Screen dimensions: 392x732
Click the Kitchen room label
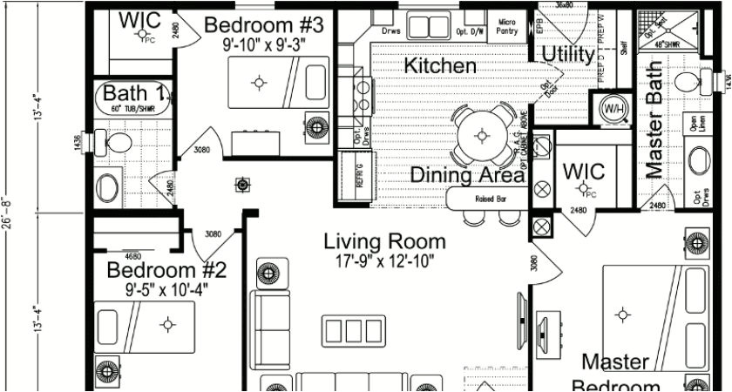click(x=440, y=65)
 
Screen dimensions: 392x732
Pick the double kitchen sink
click(x=430, y=26)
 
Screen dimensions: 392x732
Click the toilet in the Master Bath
click(x=692, y=84)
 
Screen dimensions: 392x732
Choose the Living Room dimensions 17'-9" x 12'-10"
click(x=384, y=260)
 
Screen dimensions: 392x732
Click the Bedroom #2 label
click(x=166, y=270)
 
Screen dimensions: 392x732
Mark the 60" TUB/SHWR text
click(x=131, y=109)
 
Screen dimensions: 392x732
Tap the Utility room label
click(x=568, y=55)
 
